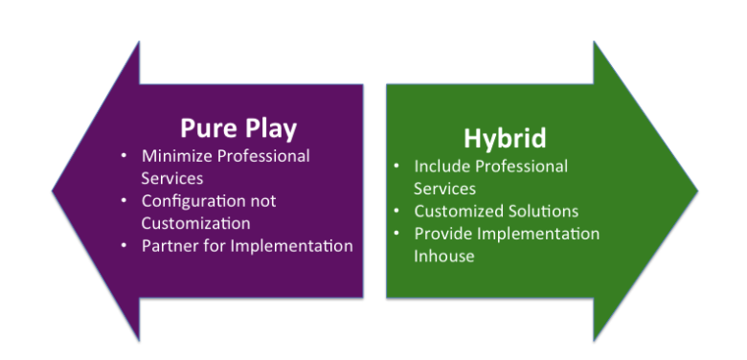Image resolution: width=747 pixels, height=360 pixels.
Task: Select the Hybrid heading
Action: click(505, 139)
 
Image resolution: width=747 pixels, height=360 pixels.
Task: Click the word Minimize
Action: click(174, 156)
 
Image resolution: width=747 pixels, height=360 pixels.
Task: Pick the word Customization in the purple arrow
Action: click(195, 223)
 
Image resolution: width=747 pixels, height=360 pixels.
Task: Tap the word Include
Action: click(442, 167)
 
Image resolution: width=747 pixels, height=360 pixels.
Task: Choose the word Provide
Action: click(443, 234)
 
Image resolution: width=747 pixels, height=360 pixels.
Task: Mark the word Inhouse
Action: click(444, 257)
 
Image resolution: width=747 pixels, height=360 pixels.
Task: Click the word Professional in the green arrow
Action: click(522, 168)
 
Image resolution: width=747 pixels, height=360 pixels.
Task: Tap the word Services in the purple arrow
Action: click(172, 179)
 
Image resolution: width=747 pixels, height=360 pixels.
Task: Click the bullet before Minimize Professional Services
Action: click(124, 156)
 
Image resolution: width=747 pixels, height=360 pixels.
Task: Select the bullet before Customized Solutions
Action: click(396, 211)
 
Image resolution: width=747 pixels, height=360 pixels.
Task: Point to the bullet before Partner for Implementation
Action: click(124, 246)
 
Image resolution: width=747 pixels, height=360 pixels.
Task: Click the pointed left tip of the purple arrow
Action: click(53, 191)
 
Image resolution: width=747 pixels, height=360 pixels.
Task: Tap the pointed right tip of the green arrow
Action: click(698, 191)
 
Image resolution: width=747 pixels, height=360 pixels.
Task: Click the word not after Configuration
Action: click(263, 201)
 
